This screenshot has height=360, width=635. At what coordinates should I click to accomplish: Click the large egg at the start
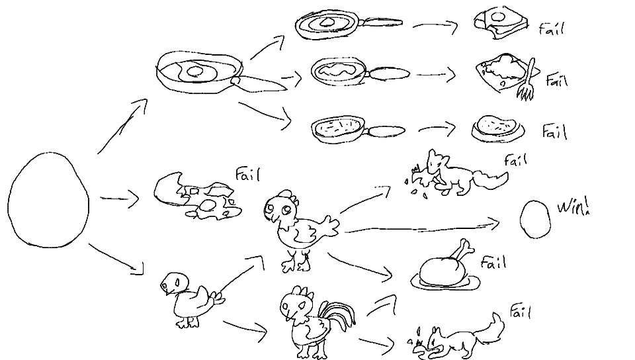click(x=48, y=200)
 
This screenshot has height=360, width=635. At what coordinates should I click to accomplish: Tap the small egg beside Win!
click(x=535, y=219)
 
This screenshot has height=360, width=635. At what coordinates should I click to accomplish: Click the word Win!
click(x=573, y=206)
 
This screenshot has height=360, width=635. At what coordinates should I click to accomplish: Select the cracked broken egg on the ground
click(x=197, y=197)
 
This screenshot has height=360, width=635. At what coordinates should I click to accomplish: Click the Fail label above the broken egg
click(x=247, y=175)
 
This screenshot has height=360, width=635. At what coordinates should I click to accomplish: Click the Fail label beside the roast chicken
click(x=493, y=263)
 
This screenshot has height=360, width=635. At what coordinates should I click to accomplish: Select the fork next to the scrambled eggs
click(x=527, y=80)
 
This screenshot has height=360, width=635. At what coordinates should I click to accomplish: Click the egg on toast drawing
click(x=501, y=22)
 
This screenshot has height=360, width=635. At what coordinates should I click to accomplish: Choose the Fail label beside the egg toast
click(x=551, y=28)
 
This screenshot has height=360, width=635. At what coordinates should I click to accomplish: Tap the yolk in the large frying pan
click(x=196, y=71)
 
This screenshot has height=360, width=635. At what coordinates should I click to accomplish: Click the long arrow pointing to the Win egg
click(x=421, y=228)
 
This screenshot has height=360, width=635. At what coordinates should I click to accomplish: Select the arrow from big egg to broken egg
click(x=120, y=199)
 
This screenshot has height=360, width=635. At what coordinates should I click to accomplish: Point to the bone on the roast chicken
click(x=463, y=249)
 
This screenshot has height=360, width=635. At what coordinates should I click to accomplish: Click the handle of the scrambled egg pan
click(x=389, y=73)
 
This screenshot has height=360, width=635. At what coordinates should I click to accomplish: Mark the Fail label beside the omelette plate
click(x=554, y=132)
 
